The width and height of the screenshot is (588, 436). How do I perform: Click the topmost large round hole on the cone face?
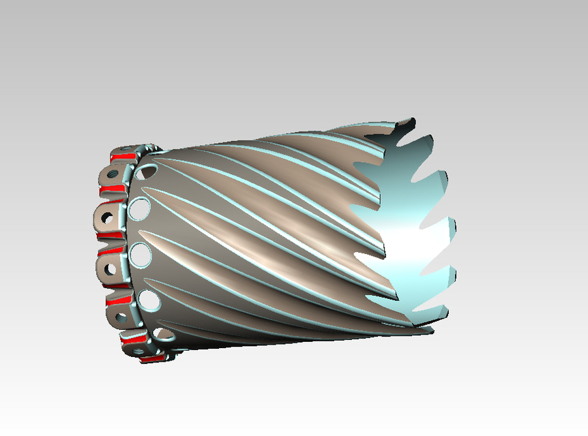click(x=145, y=171)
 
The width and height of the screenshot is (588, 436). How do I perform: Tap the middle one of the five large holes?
click(x=141, y=254)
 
